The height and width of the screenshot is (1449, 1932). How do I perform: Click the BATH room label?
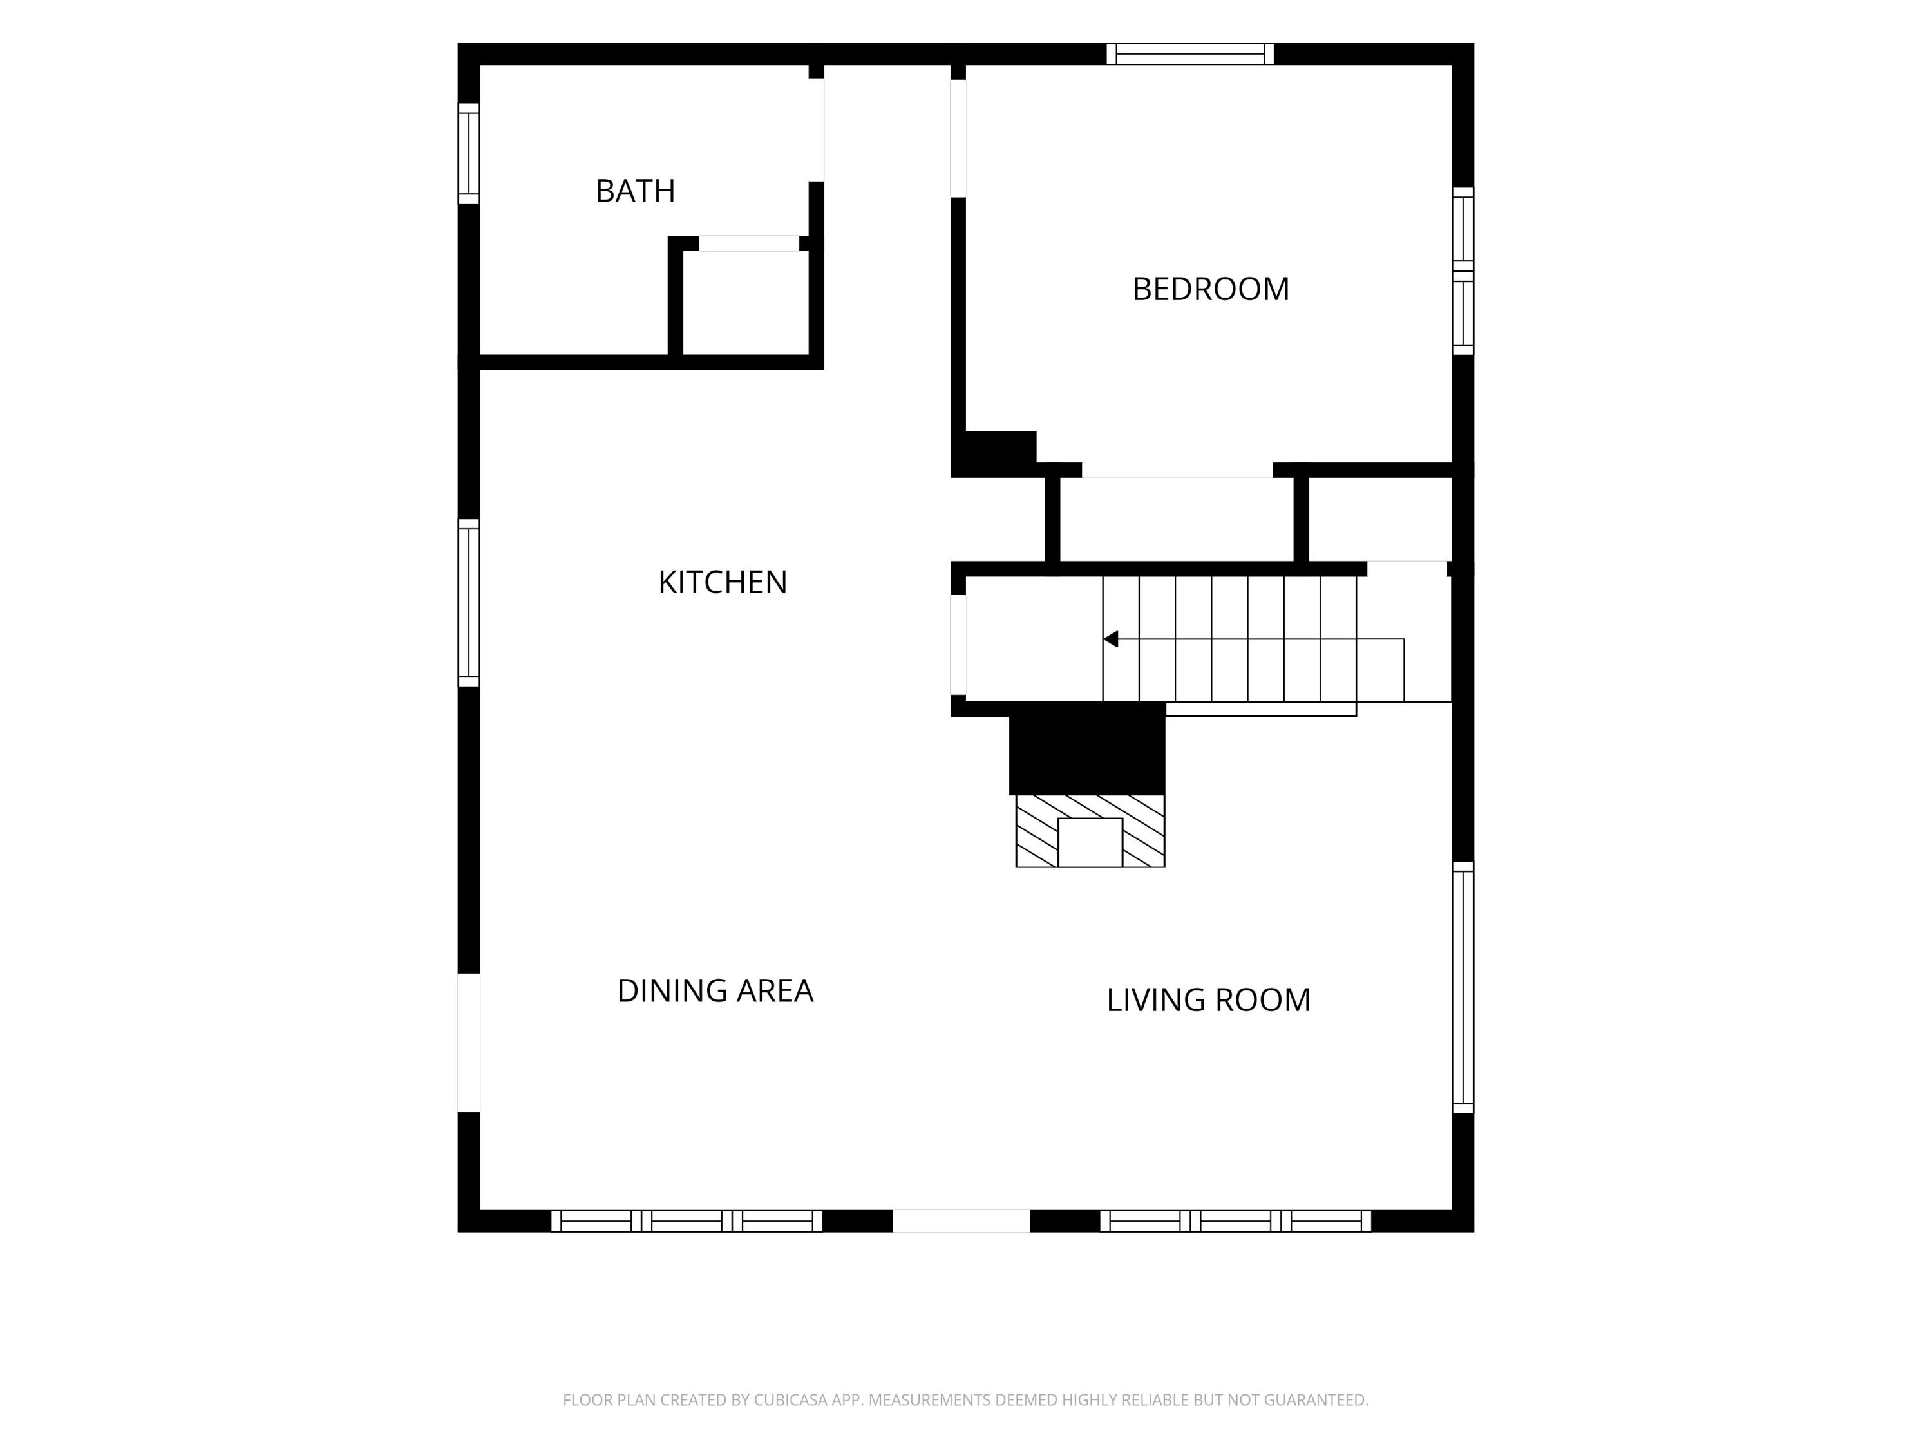coord(635,191)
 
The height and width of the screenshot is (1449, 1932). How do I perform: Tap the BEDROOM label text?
coord(1211,289)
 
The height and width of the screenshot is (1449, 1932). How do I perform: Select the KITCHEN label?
coord(723,582)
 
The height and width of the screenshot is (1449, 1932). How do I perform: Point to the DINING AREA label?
coord(715,990)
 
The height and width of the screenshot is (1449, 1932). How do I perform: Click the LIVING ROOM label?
coord(1208,1000)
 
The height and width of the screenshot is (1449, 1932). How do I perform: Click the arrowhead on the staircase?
coord(1111,639)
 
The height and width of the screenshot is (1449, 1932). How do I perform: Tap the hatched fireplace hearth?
coord(1090,831)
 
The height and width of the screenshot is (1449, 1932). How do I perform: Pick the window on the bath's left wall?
coord(469,154)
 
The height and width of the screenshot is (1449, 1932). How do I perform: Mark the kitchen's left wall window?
coord(469,603)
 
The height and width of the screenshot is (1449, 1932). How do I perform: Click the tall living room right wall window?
coord(1463,987)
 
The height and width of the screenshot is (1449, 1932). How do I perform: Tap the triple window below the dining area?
coord(687,1221)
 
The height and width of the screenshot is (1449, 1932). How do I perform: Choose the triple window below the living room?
coord(1235,1221)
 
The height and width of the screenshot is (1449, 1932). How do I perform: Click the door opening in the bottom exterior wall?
coord(961,1221)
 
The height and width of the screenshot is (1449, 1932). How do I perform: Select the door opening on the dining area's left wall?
coord(469,1043)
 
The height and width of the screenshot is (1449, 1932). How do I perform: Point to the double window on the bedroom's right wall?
coord(1463,270)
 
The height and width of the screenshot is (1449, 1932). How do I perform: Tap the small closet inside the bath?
coord(746,303)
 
